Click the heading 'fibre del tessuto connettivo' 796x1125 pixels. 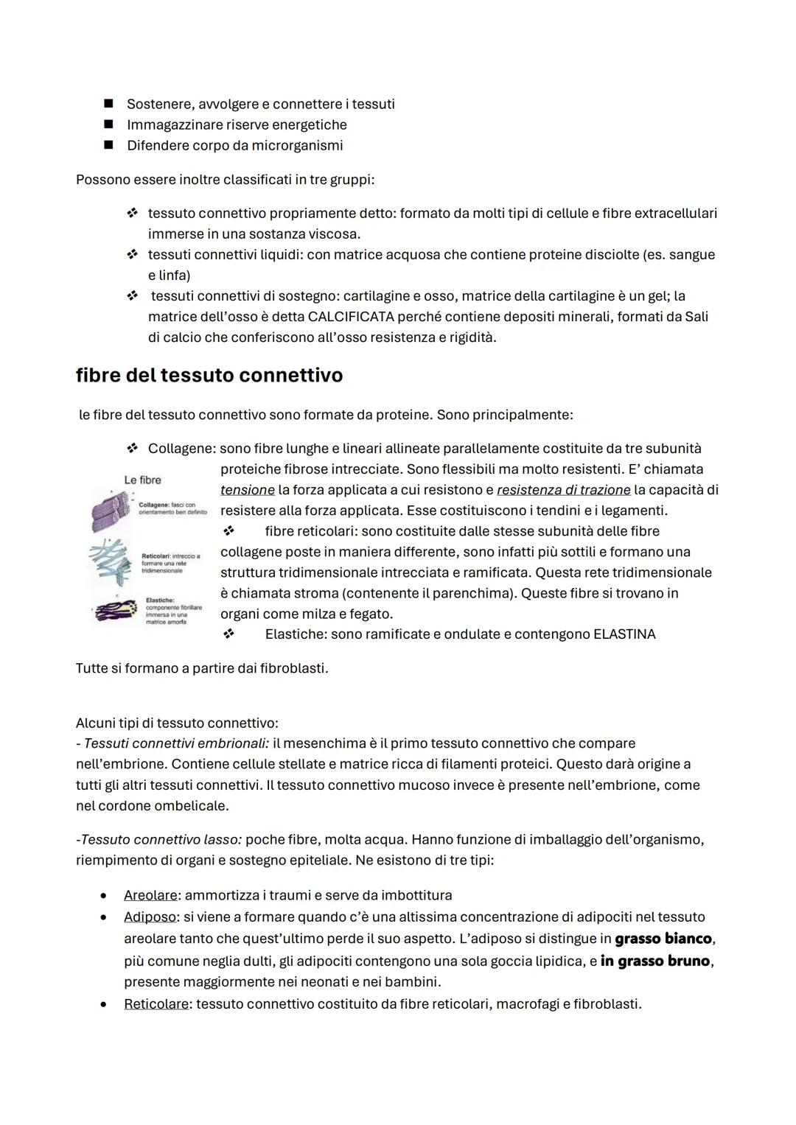209,376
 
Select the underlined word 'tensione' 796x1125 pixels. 247,490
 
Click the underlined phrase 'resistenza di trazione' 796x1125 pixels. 564,490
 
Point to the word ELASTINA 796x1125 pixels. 624,634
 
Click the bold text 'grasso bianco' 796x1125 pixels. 663,939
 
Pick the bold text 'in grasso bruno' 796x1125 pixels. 655,961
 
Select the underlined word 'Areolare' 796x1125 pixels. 150,895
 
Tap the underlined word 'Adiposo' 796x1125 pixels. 150,917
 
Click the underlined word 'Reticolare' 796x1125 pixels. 156,1004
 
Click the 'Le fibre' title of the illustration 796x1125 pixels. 142,480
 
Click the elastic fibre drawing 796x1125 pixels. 114,610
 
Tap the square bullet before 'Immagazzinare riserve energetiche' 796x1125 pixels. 108,125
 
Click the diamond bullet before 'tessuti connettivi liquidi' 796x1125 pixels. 132,255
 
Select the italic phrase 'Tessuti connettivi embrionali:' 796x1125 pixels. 177,743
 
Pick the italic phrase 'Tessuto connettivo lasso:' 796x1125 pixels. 161,839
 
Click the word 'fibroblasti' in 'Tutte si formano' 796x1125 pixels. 293,668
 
